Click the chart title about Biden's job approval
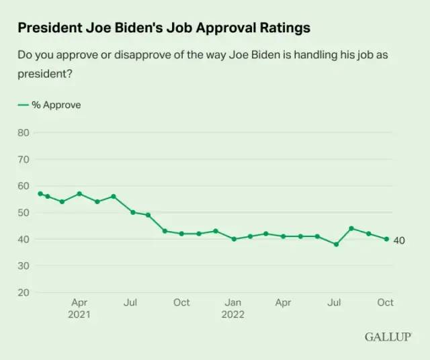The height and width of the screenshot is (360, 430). click(x=164, y=28)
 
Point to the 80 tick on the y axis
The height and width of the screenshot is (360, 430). click(x=24, y=132)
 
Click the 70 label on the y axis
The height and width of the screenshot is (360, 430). click(x=24, y=159)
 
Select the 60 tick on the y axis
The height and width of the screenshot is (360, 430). click(x=24, y=186)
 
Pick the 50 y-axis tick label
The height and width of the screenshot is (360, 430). click(x=24, y=213)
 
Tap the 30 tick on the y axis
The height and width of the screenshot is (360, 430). click(x=24, y=266)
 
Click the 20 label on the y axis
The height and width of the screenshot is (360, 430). click(x=24, y=293)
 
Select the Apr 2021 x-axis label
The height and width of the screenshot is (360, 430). click(x=79, y=308)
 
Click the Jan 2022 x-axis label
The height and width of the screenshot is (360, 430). click(x=233, y=308)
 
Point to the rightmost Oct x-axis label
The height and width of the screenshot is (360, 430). click(x=386, y=303)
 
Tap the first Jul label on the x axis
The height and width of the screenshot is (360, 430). click(x=130, y=303)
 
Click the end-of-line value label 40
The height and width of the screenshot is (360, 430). click(x=399, y=240)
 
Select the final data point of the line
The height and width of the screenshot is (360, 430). click(x=386, y=239)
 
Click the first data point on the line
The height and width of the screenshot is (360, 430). click(x=40, y=193)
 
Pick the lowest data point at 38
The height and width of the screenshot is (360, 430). click(x=336, y=244)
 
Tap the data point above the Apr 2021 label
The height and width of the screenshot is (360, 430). click(x=79, y=193)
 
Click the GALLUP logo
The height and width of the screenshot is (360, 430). click(x=388, y=336)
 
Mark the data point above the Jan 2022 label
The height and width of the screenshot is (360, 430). click(x=234, y=239)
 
